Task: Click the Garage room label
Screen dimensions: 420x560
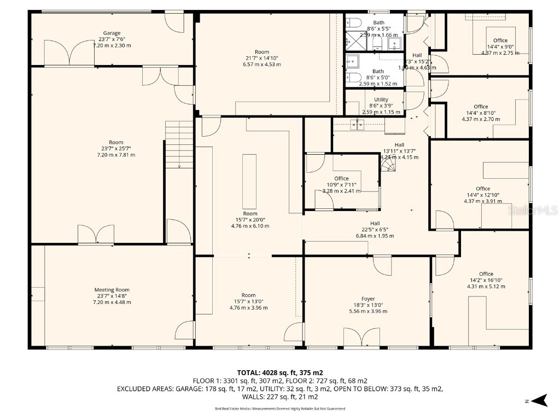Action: pyautogui.click(x=112, y=33)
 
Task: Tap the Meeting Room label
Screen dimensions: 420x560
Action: pyautogui.click(x=112, y=290)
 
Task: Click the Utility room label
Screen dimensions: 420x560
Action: pyautogui.click(x=381, y=100)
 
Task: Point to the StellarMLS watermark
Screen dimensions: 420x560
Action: pyautogui.click(x=533, y=210)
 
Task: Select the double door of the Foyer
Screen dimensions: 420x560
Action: pyautogui.click(x=361, y=337)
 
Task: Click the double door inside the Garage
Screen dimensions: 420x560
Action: pyautogui.click(x=65, y=53)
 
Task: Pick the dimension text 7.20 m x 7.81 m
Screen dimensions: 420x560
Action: pyautogui.click(x=112, y=155)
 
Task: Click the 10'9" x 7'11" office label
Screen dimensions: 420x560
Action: pyautogui.click(x=341, y=185)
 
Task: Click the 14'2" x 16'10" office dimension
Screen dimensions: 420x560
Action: pyautogui.click(x=486, y=280)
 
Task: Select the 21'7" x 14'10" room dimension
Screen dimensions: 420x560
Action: pyautogui.click(x=262, y=58)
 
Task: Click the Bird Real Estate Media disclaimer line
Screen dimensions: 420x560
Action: pyautogui.click(x=279, y=409)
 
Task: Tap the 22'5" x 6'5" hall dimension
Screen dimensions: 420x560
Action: pyautogui.click(x=375, y=230)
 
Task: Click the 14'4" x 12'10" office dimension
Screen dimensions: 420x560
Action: pyautogui.click(x=483, y=195)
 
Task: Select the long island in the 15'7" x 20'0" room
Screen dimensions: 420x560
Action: pyautogui.click(x=249, y=173)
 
